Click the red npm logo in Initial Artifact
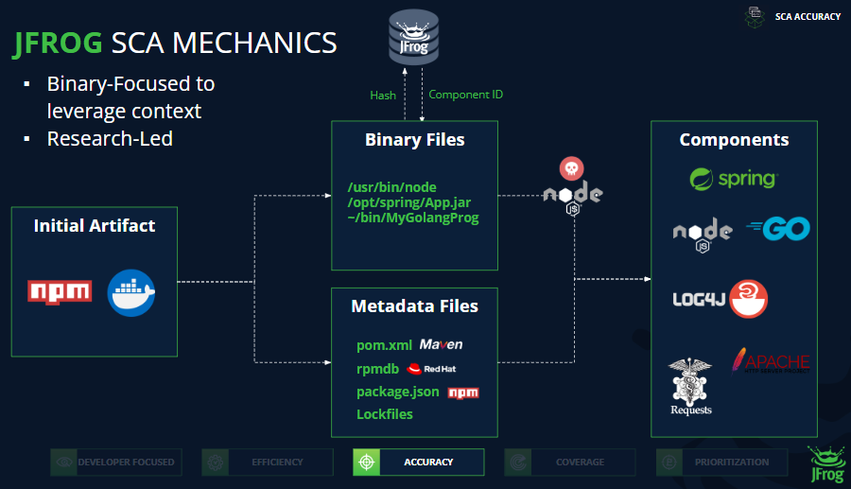click(x=60, y=290)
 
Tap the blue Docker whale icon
click(x=130, y=292)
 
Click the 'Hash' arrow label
click(x=382, y=95)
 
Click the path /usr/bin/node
click(x=391, y=187)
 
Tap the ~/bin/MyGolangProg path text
click(x=413, y=218)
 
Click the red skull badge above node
click(x=571, y=169)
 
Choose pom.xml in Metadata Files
click(x=384, y=345)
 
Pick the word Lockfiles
click(x=384, y=414)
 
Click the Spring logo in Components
click(x=733, y=179)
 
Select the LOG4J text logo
click(x=699, y=299)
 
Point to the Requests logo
click(x=690, y=387)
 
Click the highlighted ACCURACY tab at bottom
click(x=418, y=462)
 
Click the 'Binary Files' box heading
click(x=414, y=140)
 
